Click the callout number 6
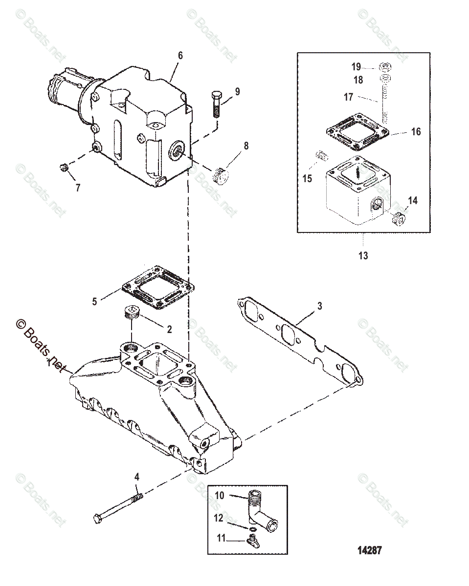tap(180, 56)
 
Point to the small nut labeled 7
tap(63, 169)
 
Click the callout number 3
tap(319, 306)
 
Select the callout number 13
tap(363, 255)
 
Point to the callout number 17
tap(348, 97)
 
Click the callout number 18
tap(357, 80)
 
